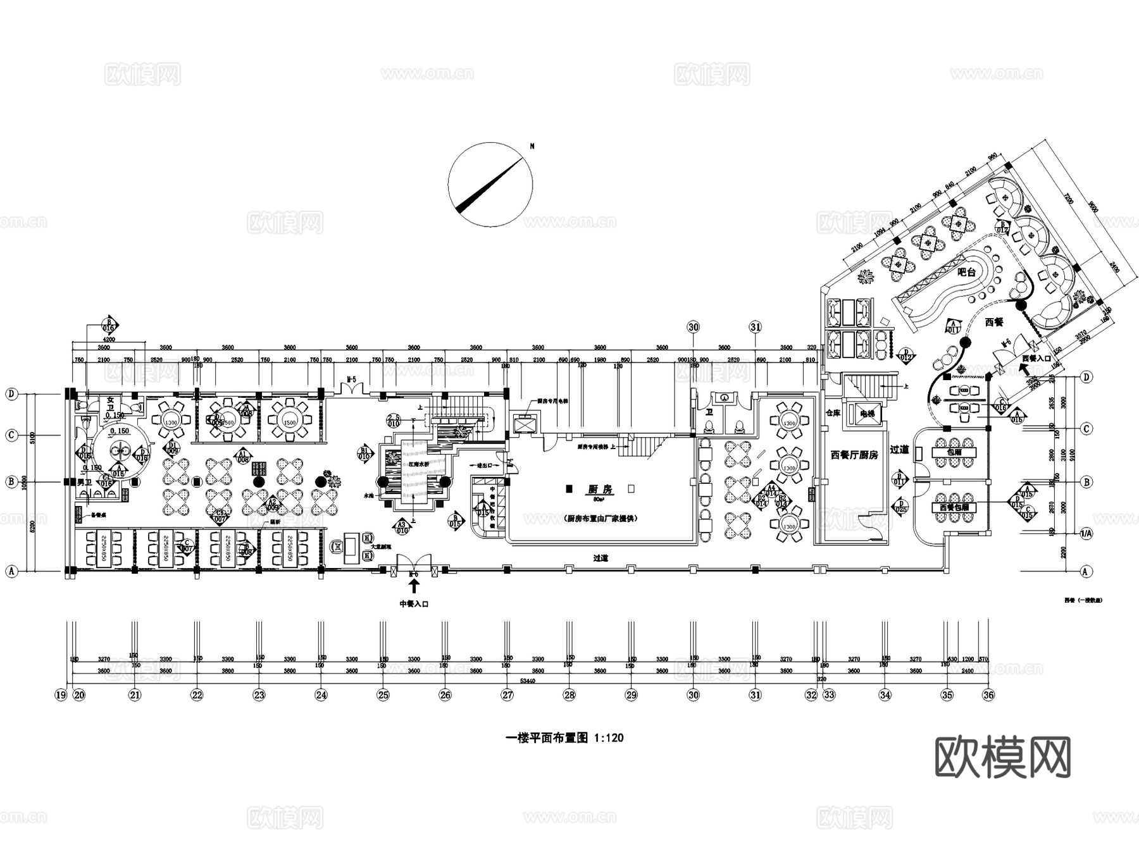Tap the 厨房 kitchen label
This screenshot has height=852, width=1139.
point(601,490)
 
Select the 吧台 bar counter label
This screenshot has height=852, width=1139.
point(966,273)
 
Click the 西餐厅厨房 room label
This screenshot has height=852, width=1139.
point(854,455)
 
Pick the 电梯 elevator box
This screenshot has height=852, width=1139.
point(866,414)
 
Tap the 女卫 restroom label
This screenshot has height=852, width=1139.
point(111,400)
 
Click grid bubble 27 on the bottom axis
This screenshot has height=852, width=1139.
point(507,695)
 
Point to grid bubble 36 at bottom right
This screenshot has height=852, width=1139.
point(988,695)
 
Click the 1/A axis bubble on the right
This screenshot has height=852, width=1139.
point(1086,534)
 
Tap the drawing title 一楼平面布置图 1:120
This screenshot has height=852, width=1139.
point(565,738)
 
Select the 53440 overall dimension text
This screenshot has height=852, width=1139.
point(526,681)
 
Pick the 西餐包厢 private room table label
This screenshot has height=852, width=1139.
point(954,507)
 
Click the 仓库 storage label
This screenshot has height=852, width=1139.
point(833,413)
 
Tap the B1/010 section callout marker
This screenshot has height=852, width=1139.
point(364,453)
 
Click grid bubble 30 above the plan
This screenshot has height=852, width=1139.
point(694,327)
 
